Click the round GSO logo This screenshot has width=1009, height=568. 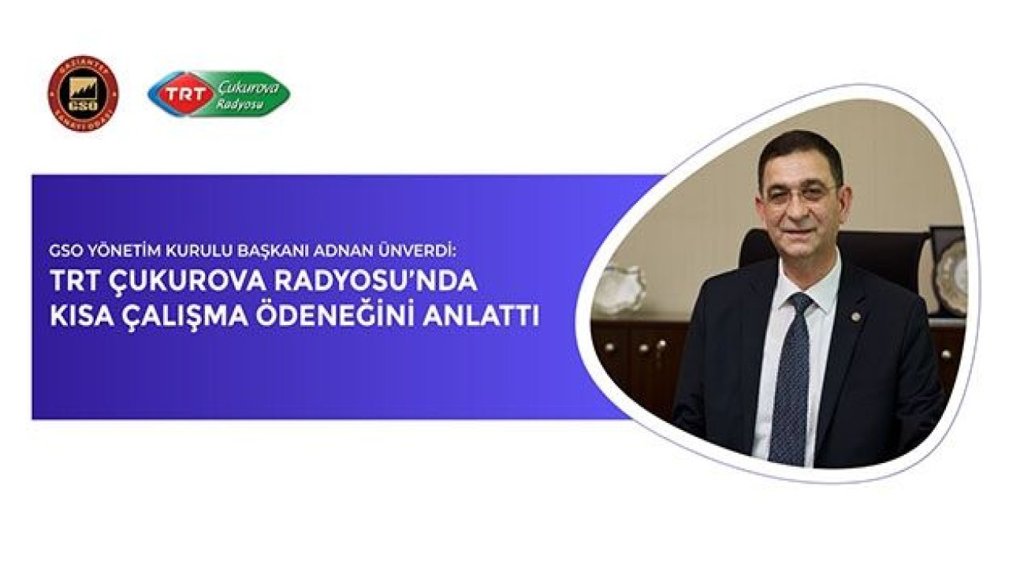pos(83,93)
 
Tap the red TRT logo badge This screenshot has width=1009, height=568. pos(182,95)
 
